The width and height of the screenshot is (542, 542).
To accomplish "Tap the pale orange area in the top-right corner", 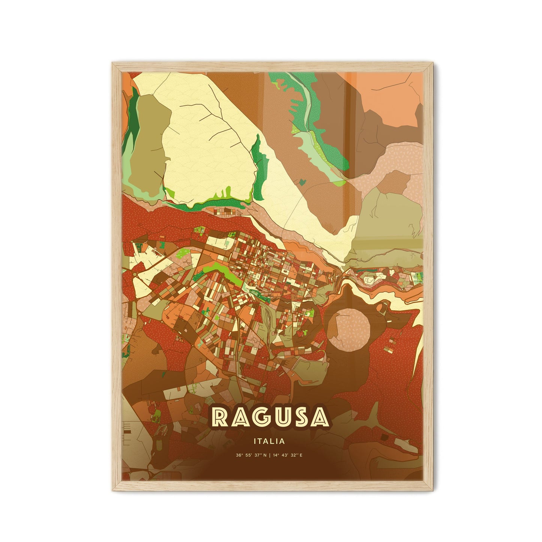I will pos(390,94).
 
